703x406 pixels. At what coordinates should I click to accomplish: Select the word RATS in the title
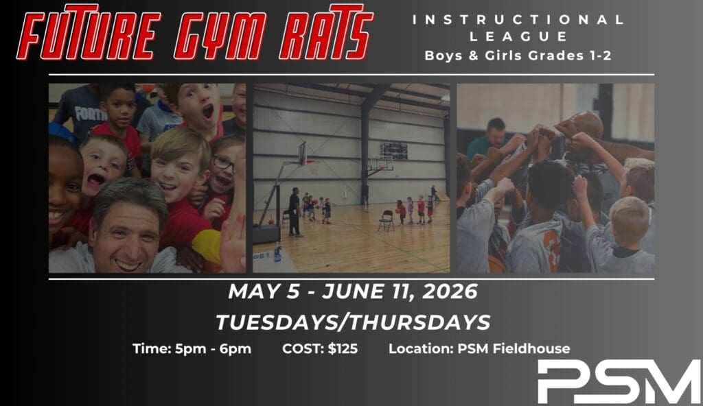326,32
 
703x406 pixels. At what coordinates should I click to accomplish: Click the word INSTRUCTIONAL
518,20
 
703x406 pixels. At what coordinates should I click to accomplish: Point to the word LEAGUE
518,37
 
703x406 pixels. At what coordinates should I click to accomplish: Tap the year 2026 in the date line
450,291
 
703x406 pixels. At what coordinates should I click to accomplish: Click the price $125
343,348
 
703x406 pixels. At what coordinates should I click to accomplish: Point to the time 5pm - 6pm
213,348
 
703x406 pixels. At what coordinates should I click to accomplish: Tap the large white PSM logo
619,381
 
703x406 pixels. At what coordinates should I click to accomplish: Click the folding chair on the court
386,221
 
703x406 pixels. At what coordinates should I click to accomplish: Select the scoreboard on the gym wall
395,151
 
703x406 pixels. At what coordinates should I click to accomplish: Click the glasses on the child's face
223,163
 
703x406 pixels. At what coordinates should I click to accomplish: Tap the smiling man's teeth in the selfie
128,265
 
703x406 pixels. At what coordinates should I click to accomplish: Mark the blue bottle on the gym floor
278,252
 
